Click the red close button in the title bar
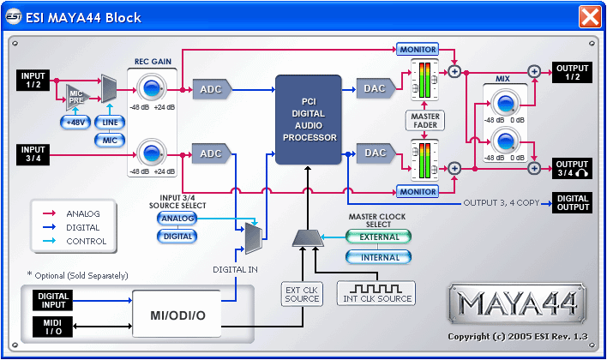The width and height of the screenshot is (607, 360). tap(590, 16)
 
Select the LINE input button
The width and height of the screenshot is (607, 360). tap(109, 122)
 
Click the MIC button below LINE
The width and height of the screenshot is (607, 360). tap(109, 139)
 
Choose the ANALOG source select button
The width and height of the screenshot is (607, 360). tap(178, 219)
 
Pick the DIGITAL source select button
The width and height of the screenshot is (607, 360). tap(178, 236)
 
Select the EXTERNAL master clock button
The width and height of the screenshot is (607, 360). tap(378, 237)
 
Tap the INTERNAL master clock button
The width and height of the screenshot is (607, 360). tap(378, 257)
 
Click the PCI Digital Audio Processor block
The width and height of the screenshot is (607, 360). tap(308, 119)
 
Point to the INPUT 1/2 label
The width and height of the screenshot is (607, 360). tap(35, 81)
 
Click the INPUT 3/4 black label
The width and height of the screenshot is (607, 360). tap(35, 153)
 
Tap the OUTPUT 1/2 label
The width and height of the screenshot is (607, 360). tap(572, 73)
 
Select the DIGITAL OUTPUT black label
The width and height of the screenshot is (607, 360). tap(572, 202)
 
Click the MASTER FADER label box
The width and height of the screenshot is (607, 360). tap(425, 120)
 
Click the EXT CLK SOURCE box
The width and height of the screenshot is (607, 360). tap(302, 294)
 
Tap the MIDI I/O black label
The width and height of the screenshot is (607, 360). tap(52, 326)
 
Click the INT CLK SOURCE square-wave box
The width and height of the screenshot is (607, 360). tap(377, 291)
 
